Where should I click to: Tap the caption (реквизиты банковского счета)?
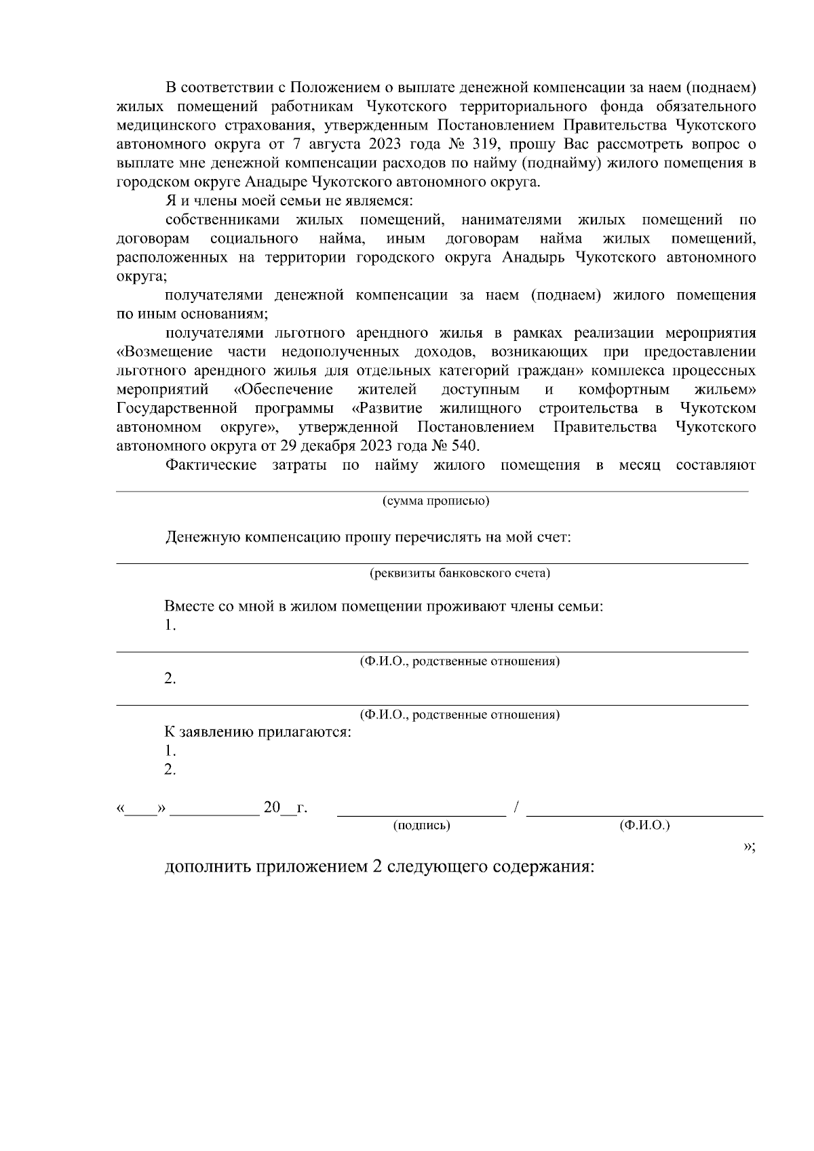(459, 573)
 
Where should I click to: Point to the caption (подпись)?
(422, 826)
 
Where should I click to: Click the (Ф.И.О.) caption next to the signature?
(644, 826)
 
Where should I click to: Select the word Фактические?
(211, 465)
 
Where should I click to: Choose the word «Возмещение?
(164, 352)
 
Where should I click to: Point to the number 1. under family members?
(170, 626)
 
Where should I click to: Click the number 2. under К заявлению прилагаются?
(170, 770)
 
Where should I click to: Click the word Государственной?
(176, 409)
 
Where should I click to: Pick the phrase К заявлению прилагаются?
(258, 733)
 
